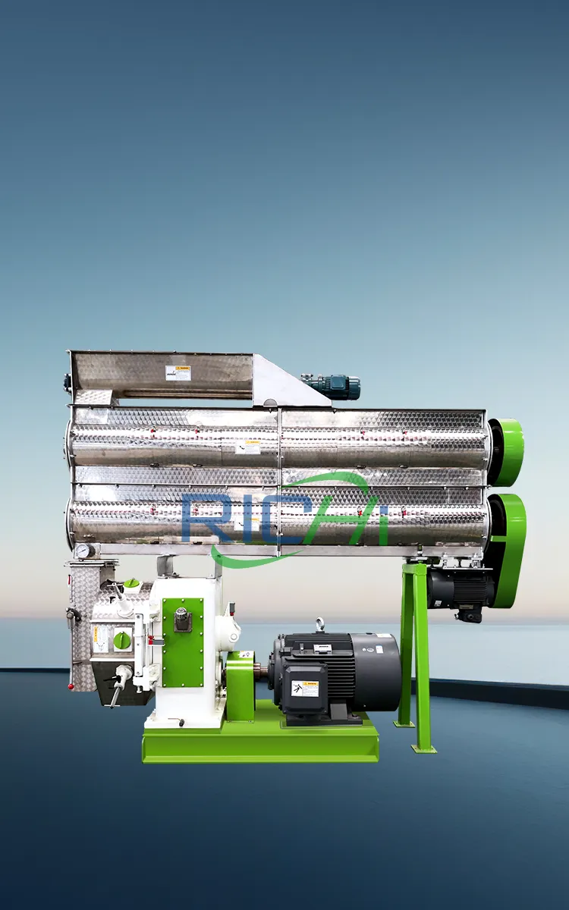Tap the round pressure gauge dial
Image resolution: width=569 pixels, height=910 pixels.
pyautogui.click(x=83, y=551)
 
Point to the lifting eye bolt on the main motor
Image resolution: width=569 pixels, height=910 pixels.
pyautogui.click(x=321, y=625)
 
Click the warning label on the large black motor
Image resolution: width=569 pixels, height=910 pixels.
pyautogui.click(x=305, y=688)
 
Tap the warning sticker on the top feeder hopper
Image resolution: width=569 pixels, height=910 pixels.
pyautogui.click(x=178, y=373)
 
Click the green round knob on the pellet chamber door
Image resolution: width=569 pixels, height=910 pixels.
pyautogui.click(x=122, y=640)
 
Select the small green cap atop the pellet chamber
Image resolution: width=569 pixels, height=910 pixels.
pyautogui.click(x=131, y=582)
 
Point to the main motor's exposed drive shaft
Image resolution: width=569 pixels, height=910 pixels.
pyautogui.click(x=262, y=669)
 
